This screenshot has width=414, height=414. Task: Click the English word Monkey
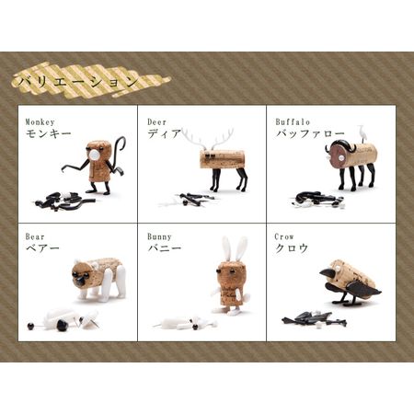(40, 122)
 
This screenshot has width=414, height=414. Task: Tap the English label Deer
(157, 122)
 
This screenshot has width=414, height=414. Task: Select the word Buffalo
(293, 122)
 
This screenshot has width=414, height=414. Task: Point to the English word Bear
(35, 236)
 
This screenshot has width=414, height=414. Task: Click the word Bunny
(159, 236)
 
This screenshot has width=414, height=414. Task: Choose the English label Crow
(284, 236)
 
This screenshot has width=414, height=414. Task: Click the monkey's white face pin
(95, 155)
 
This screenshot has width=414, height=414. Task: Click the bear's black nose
(81, 280)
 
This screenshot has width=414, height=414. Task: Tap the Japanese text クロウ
(292, 248)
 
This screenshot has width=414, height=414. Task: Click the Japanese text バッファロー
(310, 133)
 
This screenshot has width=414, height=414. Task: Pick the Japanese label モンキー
(49, 133)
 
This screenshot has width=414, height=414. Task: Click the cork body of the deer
(222, 159)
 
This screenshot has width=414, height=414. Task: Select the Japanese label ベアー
(42, 248)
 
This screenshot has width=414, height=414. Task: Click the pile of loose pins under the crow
(314, 318)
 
